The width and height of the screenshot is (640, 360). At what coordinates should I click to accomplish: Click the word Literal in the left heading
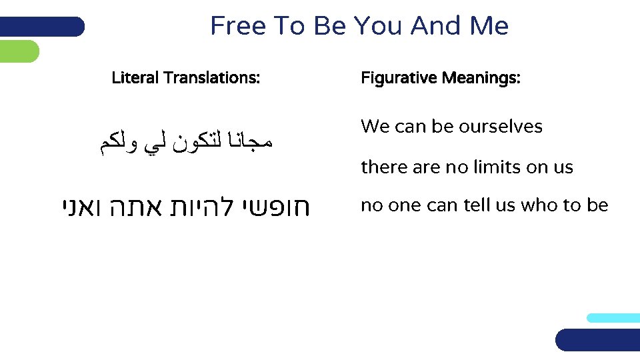pos(135,78)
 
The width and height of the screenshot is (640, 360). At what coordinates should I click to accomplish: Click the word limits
pos(497,167)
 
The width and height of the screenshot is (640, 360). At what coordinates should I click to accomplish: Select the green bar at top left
pos(19,51)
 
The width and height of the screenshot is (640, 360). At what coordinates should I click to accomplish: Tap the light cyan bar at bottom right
pos(613,318)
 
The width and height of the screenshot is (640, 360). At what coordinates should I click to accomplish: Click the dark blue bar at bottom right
pos(597,339)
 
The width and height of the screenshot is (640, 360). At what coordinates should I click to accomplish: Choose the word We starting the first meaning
pos(372,127)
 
